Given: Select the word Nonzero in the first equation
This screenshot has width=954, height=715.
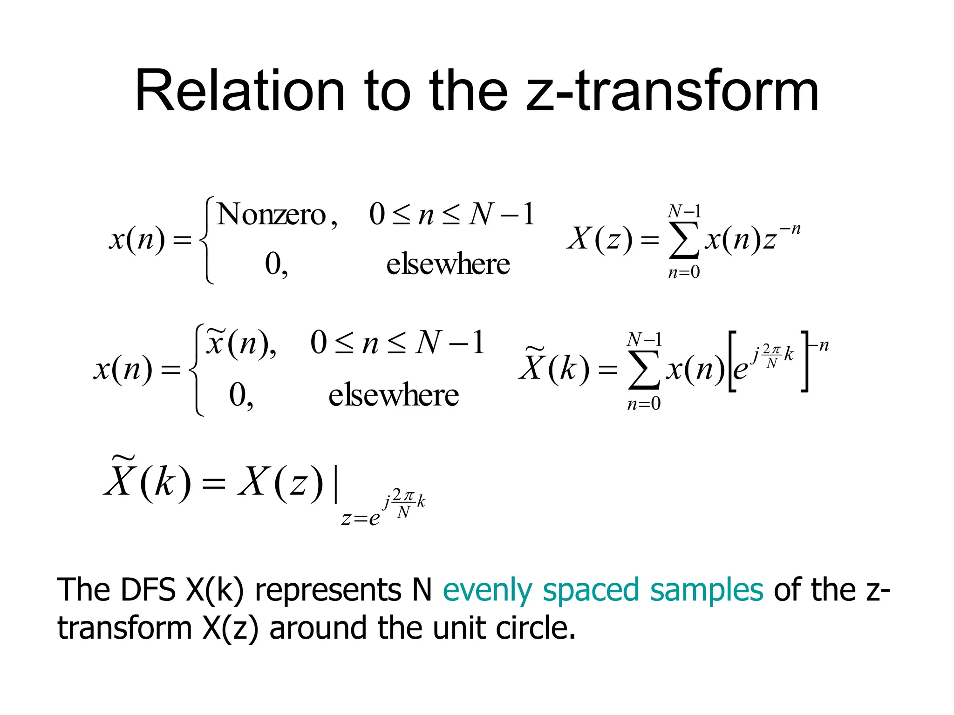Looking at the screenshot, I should click(272, 215).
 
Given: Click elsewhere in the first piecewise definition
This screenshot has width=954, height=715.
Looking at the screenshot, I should click(448, 264).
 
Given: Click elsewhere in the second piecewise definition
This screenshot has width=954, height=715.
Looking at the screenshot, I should click(394, 395).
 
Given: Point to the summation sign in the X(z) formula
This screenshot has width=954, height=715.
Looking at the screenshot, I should click(684, 241).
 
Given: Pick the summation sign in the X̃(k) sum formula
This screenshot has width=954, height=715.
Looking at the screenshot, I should click(644, 371).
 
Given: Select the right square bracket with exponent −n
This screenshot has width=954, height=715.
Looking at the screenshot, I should click(805, 362).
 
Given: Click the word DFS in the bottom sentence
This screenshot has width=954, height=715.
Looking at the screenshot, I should click(148, 590).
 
